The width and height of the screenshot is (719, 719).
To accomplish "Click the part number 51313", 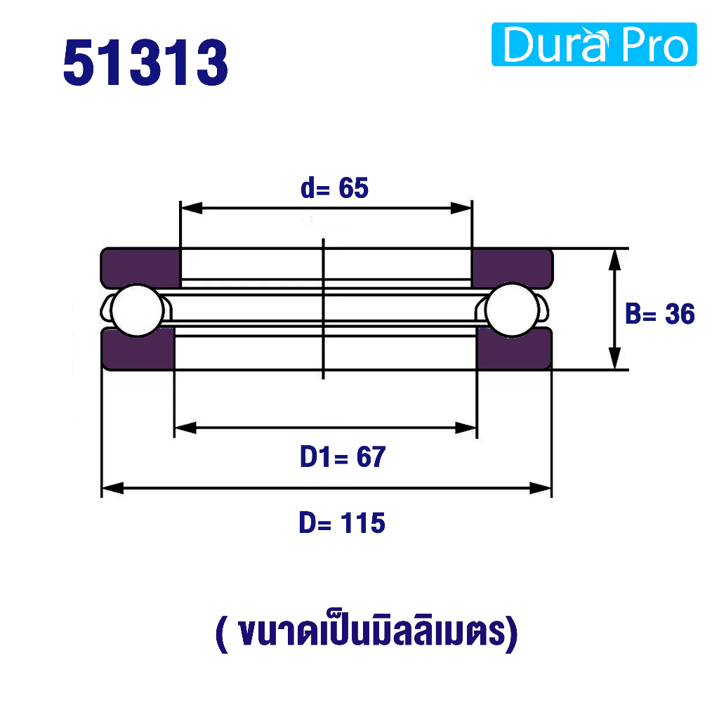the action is (145, 62).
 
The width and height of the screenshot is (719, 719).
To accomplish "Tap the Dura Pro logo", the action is (594, 44).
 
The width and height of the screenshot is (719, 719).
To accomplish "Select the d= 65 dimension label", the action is (334, 188).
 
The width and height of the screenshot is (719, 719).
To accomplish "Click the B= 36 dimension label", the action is (660, 314).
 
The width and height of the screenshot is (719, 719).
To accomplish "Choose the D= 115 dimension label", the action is (342, 522).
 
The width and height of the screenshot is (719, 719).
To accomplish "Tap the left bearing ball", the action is (138, 310).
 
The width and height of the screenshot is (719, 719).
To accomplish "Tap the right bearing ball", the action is (512, 310).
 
